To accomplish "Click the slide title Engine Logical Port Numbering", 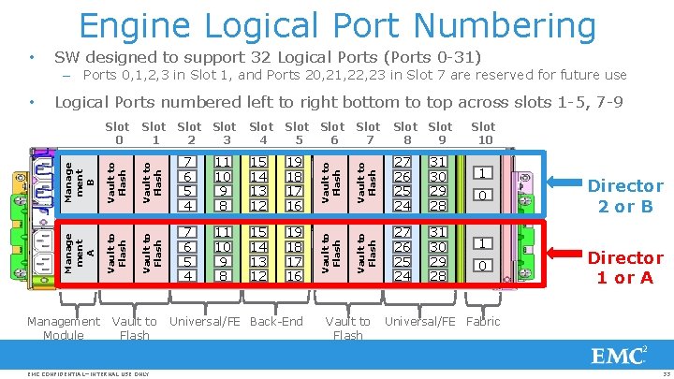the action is point(337,25).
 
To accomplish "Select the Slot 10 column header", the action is point(483,133).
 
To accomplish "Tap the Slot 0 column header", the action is point(117,133).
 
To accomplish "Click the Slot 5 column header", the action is point(297,133).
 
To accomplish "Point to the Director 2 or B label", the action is point(624,196).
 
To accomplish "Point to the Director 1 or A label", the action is point(624,267).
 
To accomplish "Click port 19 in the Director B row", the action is point(295,161).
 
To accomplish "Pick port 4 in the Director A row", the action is point(188,276).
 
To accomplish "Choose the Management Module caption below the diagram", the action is point(64,328).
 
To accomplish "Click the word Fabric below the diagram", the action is point(482,321).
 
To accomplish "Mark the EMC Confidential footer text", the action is point(89,373).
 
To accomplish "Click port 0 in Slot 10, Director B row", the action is point(482,196).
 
